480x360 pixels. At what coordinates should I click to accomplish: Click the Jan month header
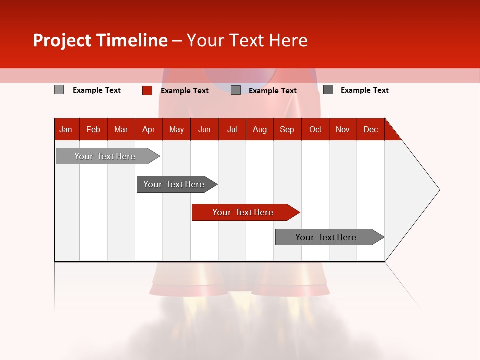pos(66,129)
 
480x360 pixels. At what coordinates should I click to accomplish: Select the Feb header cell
pos(93,129)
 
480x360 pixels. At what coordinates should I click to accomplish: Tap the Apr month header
pos(149,129)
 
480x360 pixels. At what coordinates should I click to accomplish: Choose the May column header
pos(176,129)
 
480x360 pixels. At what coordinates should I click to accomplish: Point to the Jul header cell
pos(232,129)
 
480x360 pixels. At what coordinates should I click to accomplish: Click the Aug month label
pos(260,129)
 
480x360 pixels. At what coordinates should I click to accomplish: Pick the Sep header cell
pos(287,129)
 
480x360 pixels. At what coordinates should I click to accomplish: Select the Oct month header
pos(315,129)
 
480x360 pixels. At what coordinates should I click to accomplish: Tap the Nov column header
pos(343,129)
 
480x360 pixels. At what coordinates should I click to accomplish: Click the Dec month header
pos(371,129)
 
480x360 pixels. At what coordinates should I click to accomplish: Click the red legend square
pos(147,90)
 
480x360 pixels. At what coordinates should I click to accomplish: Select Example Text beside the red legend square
pos(185,91)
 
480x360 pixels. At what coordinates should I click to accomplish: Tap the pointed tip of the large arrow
pos(438,190)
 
